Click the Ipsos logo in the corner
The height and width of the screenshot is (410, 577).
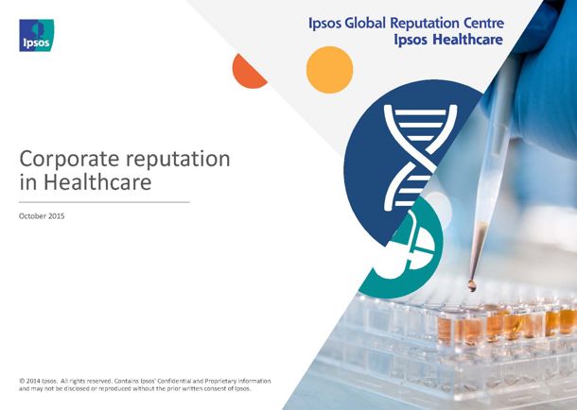coord(37,35)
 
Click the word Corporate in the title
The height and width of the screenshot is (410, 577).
coord(70,160)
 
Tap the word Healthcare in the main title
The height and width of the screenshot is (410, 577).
coord(97,181)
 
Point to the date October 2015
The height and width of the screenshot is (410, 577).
coord(42,216)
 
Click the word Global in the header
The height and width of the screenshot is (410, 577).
coord(365,23)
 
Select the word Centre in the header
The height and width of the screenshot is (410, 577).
coord(483,23)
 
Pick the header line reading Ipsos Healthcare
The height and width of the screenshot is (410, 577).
coord(448,40)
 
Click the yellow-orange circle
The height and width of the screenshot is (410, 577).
coord(329,70)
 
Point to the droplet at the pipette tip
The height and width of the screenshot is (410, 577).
coord(471,285)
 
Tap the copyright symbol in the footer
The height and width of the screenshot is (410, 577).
coord(22,381)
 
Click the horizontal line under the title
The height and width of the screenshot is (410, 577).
coord(104,202)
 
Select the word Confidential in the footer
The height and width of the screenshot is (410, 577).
coord(174,381)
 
